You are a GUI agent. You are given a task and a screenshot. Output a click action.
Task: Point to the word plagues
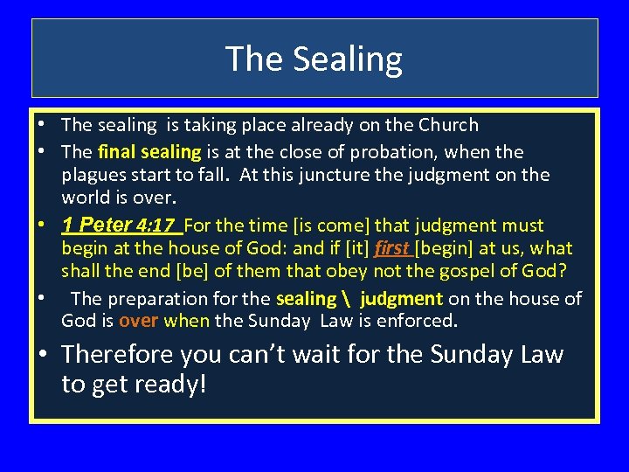tap(93, 175)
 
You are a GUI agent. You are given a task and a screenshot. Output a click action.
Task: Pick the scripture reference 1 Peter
tap(95, 226)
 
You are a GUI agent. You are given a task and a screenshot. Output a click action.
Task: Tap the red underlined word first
tap(392, 249)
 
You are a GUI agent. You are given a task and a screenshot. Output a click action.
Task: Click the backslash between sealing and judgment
tap(348, 299)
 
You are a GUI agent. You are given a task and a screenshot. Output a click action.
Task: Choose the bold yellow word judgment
tap(401, 299)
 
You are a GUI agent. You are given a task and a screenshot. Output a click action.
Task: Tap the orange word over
tap(138, 321)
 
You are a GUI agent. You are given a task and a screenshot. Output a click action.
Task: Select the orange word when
tap(186, 321)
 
